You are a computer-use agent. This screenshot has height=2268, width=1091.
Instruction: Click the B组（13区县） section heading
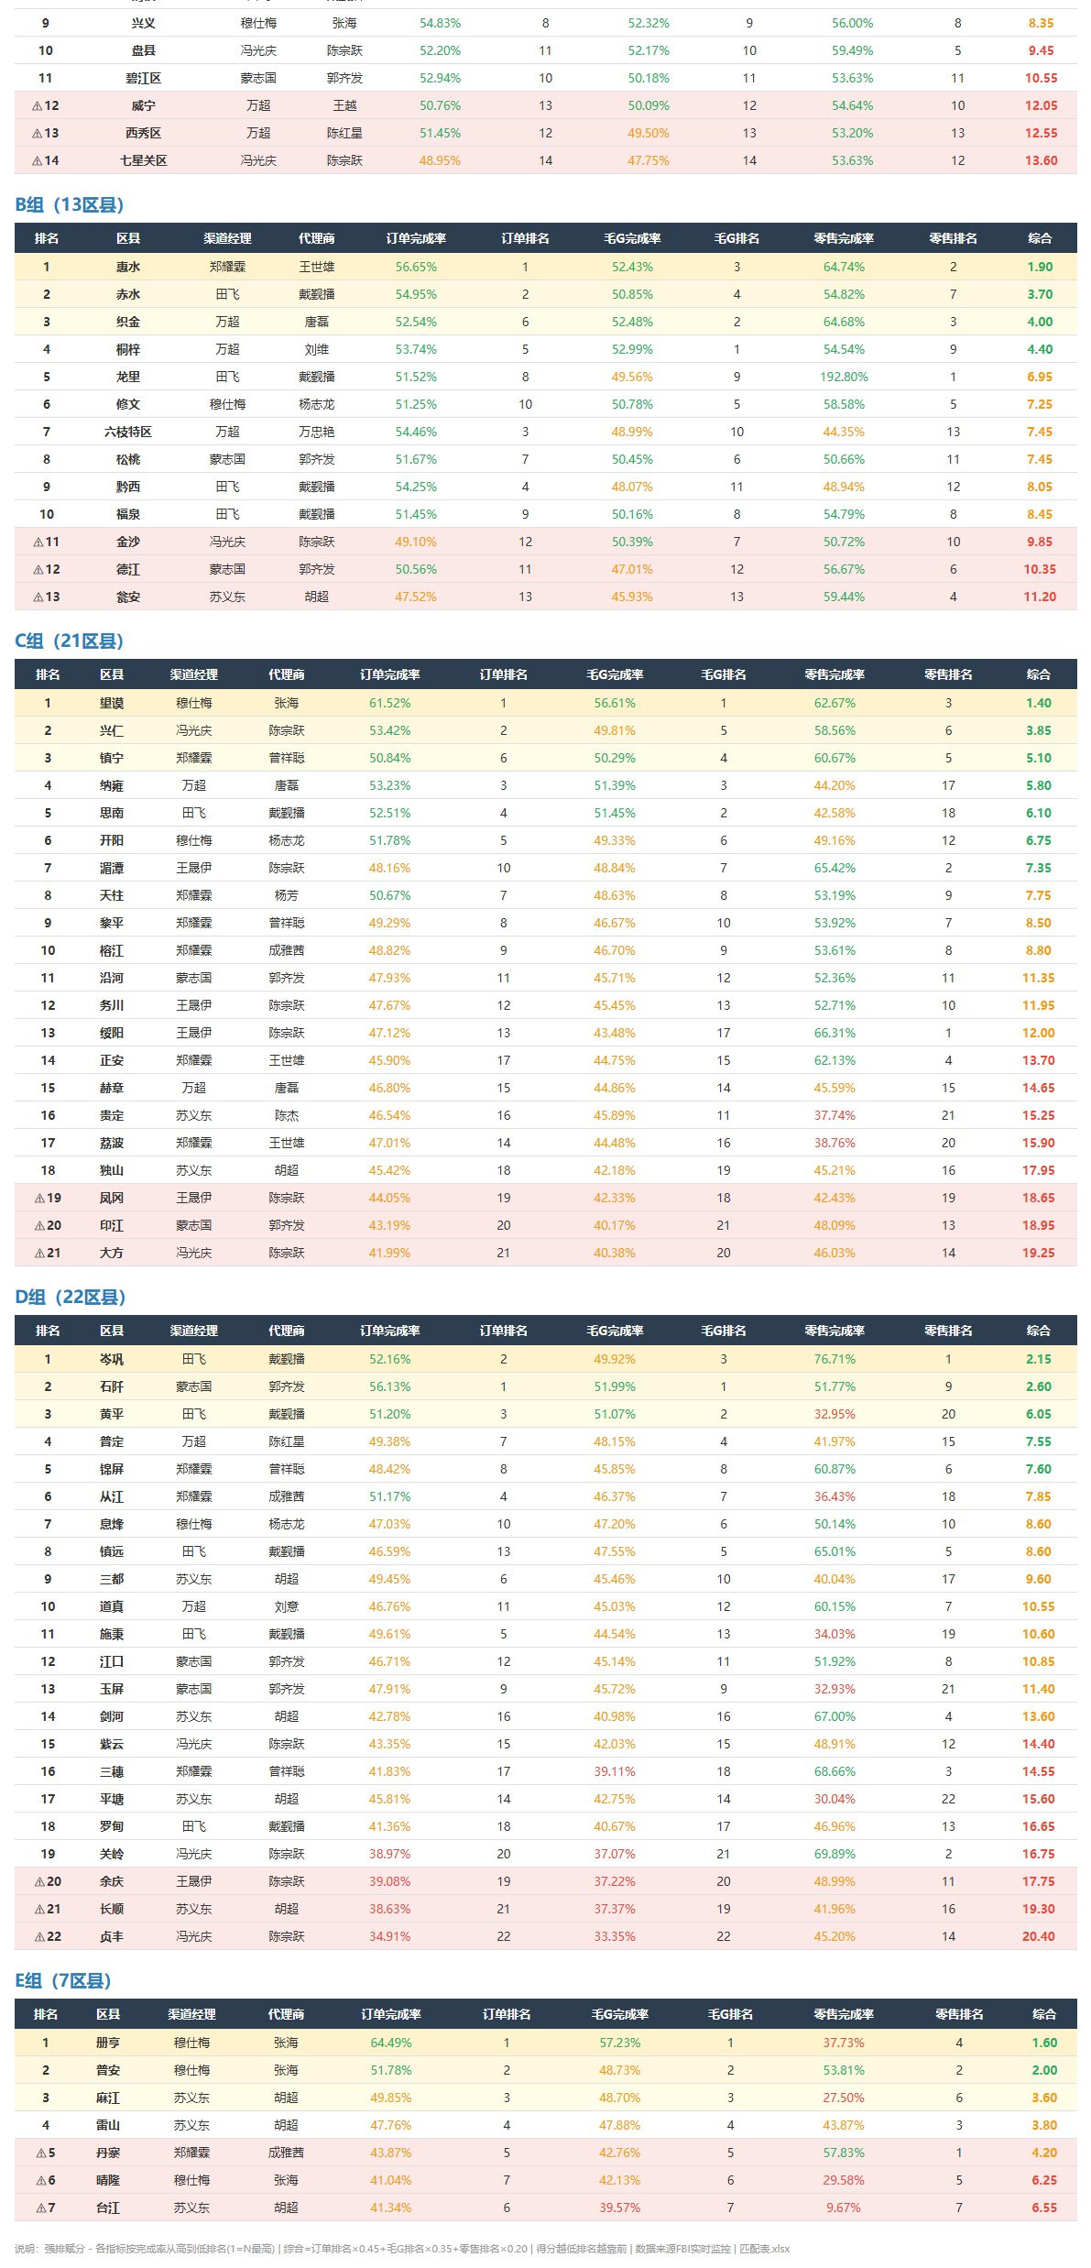click(x=69, y=204)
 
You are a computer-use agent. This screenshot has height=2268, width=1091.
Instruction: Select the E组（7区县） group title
click(x=63, y=1980)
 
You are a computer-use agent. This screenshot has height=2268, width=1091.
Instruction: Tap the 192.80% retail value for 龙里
click(x=845, y=377)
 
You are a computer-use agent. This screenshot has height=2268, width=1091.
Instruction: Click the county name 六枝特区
click(x=128, y=432)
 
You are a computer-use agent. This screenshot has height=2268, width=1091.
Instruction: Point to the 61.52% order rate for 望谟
click(x=390, y=703)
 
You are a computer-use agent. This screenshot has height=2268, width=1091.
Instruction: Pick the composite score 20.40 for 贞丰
click(x=1039, y=1936)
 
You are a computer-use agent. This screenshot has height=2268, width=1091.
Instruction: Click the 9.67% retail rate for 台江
click(x=844, y=2208)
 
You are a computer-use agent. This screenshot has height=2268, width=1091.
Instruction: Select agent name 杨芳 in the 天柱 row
click(x=287, y=895)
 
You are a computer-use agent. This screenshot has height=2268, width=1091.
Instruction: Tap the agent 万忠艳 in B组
click(x=317, y=432)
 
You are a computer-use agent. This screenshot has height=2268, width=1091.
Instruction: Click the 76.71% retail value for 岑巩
click(x=835, y=1359)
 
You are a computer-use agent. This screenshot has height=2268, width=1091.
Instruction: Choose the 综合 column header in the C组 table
click(x=1039, y=674)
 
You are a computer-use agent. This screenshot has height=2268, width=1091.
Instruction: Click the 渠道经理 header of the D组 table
click(x=194, y=1331)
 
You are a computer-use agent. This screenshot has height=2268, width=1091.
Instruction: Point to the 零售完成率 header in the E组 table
click(x=844, y=2014)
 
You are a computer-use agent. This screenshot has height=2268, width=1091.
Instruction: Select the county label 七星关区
click(x=144, y=160)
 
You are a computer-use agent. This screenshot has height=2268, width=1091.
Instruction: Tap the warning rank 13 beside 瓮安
click(x=47, y=597)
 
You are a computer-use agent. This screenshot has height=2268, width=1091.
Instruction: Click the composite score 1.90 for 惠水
click(x=1041, y=267)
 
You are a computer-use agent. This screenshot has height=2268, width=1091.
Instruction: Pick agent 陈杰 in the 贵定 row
click(x=287, y=1115)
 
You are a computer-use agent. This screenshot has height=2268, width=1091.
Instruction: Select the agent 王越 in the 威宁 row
click(x=345, y=105)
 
